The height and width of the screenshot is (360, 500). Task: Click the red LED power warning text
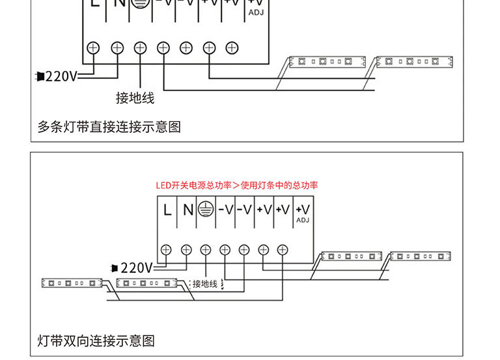tap(237, 186)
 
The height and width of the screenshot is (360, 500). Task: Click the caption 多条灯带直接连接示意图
tap(109, 127)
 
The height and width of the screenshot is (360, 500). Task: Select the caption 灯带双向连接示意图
tap(96, 340)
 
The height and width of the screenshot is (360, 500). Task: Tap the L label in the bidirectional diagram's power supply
tap(167, 210)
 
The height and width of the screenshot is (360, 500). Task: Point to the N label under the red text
tap(187, 210)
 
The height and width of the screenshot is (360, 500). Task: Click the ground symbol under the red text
tap(206, 210)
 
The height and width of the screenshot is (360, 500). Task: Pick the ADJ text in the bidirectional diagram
tap(303, 220)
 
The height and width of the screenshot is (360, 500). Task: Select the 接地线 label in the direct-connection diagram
tap(135, 98)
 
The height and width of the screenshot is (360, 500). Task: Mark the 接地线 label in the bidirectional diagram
tap(204, 284)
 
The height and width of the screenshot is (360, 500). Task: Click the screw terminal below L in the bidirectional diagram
tap(166, 249)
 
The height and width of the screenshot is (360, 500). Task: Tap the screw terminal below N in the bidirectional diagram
tap(186, 249)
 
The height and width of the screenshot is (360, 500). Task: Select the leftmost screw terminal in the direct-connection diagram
tap(93, 47)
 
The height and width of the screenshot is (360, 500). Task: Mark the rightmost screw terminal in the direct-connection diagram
tap(232, 47)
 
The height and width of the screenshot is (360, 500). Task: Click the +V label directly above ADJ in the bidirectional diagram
tap(303, 208)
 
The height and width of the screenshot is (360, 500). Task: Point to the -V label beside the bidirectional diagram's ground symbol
tap(225, 210)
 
